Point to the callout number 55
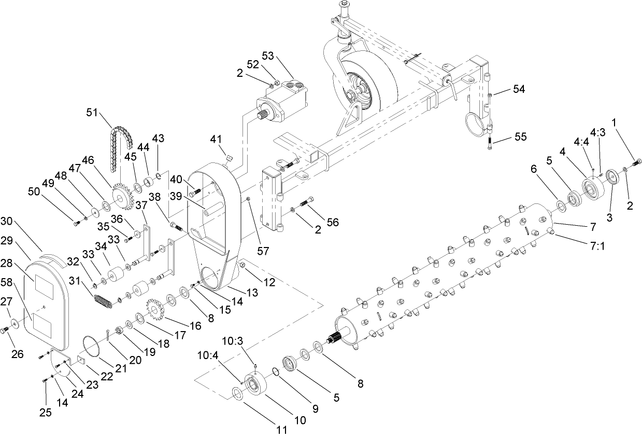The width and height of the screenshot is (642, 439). (520, 137)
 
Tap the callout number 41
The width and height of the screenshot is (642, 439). (216, 139)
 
